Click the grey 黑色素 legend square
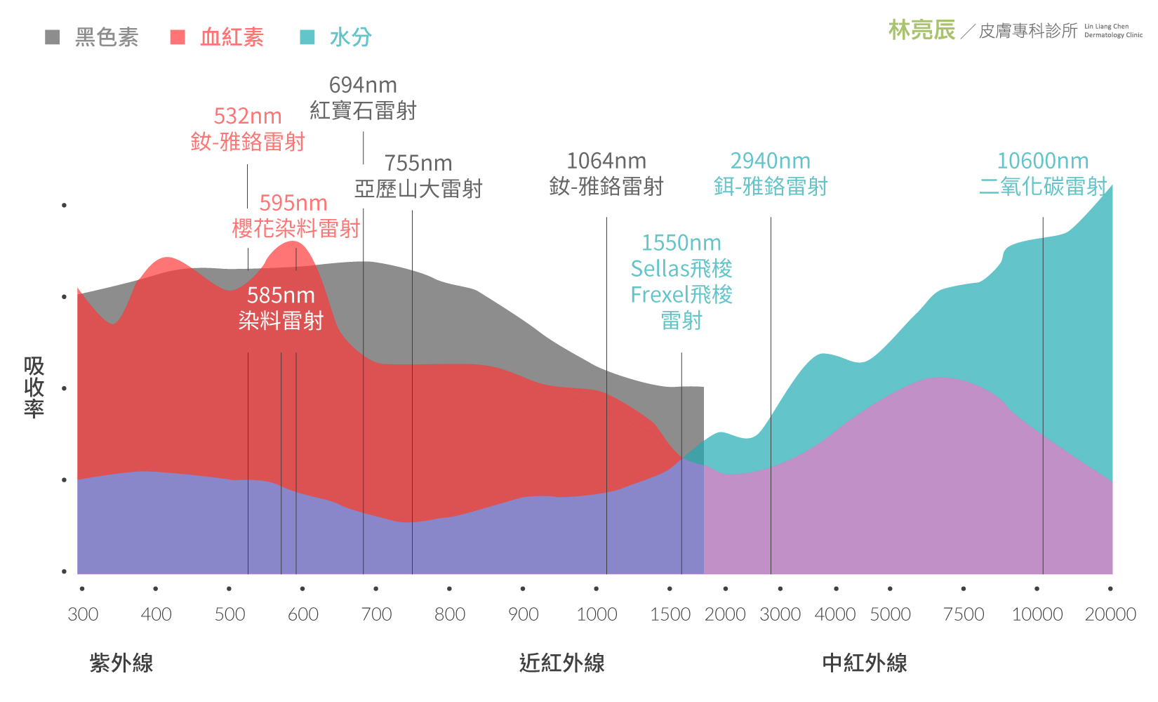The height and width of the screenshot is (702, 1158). pos(53,37)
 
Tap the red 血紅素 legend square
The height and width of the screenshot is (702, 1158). pos(178,37)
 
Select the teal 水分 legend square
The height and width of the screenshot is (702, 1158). pos(307,37)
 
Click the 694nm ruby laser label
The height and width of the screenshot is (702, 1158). pos(363,86)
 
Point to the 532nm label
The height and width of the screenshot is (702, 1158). pos(248,117)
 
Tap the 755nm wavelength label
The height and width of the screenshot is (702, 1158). pos(418,164)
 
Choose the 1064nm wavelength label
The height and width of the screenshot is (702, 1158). pos(606,161)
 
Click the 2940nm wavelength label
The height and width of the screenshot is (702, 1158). pos(771,161)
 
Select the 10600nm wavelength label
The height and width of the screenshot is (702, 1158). pos(1043,161)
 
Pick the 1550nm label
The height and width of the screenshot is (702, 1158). pos(681,244)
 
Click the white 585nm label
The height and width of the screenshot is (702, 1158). pos(281,296)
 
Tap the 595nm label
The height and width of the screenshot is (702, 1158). pos(293,204)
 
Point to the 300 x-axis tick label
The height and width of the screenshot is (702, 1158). pos(83,614)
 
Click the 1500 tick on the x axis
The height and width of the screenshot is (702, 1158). pos(670,614)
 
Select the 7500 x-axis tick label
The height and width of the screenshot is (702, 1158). pos(964,614)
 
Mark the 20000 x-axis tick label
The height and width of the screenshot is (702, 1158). pos(1110,614)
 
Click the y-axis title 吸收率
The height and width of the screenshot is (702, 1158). pos(34,387)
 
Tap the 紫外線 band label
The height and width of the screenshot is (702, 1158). pos(121,663)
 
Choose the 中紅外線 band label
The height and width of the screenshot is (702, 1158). pos(865,663)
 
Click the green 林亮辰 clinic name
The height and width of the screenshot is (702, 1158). pos(921,30)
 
